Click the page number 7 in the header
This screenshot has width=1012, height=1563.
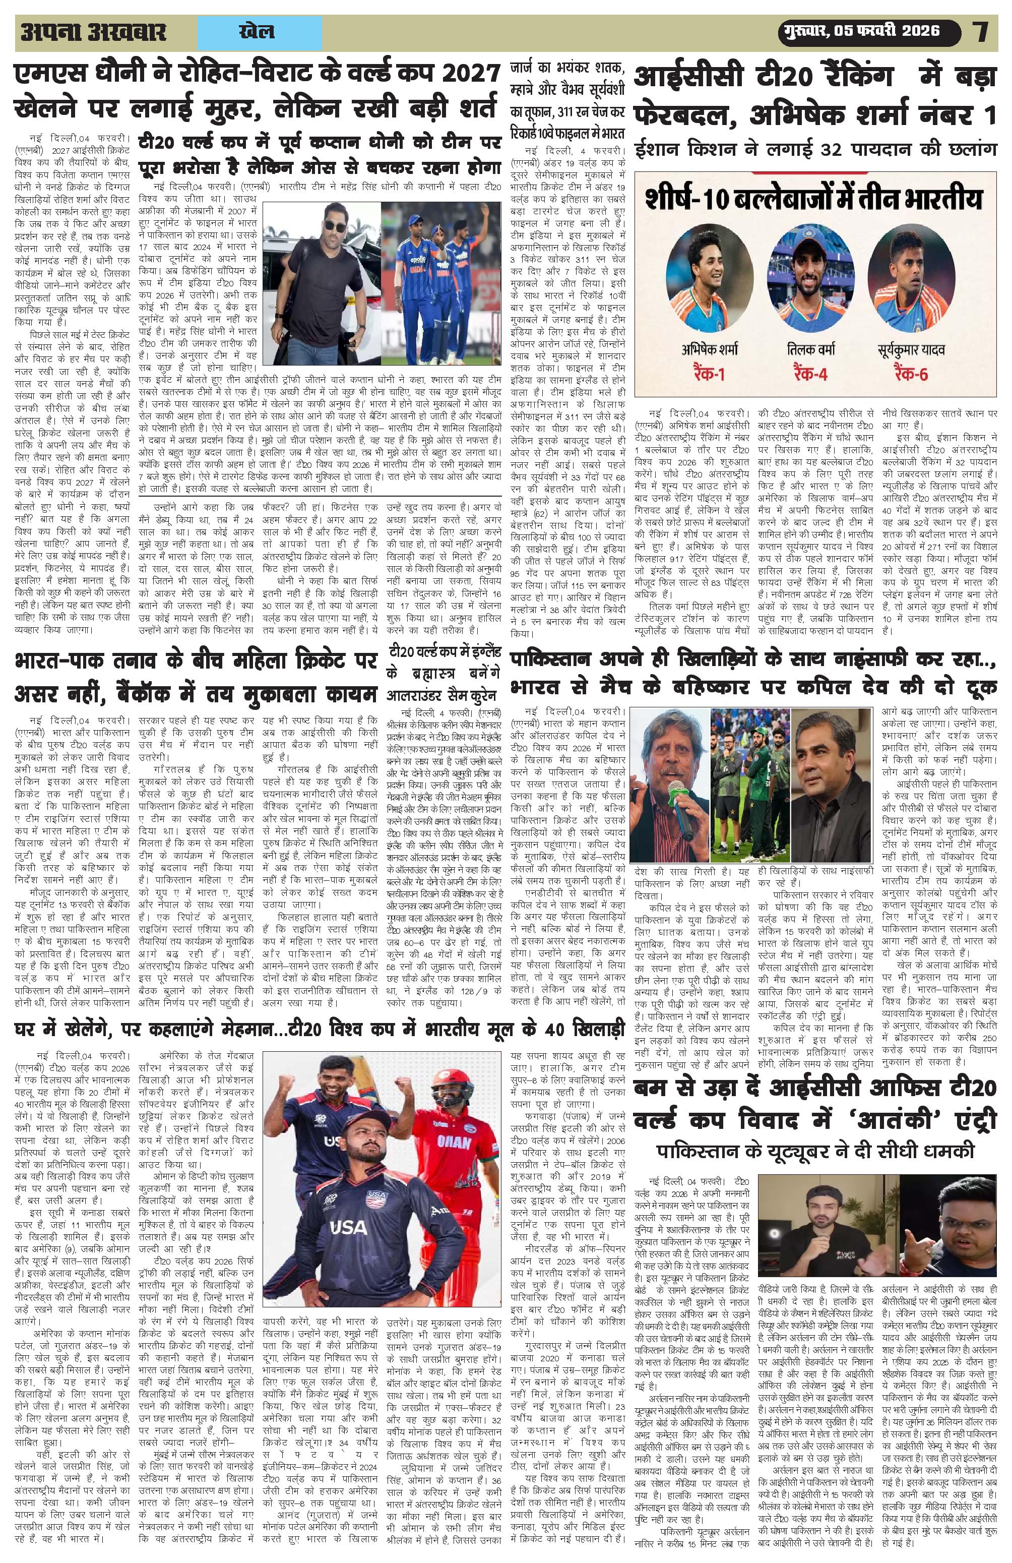pos(981,32)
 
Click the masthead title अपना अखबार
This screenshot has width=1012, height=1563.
pos(93,32)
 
